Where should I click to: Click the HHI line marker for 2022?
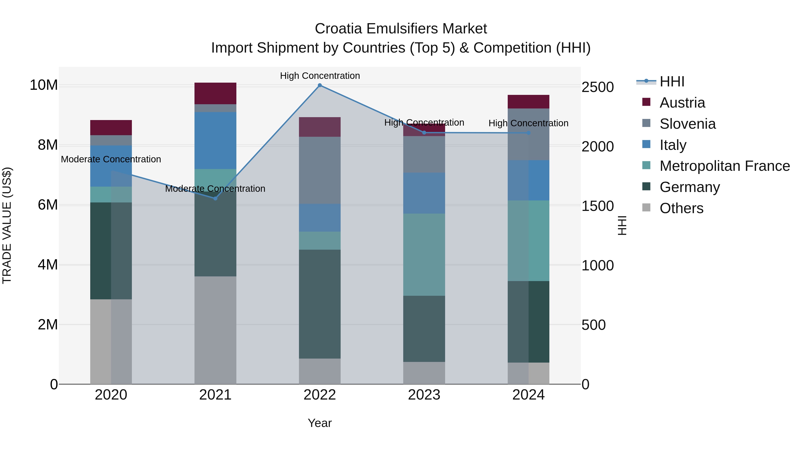319,85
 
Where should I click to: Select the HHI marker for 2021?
215,198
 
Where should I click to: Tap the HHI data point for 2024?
528,133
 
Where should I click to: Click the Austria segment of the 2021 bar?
215,93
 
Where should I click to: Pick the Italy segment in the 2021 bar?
215,140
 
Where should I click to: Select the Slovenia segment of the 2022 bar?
319,170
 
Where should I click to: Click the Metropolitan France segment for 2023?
424,255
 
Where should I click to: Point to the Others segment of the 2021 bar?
215,330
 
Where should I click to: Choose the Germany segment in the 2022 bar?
319,304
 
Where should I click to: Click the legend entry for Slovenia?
687,124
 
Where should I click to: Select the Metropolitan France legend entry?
724,166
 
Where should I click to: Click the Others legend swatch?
646,208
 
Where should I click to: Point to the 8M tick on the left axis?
48,145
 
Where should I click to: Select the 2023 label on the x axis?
424,395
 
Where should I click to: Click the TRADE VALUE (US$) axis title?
7,225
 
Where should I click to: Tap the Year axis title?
319,423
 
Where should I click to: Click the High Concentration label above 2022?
320,76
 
